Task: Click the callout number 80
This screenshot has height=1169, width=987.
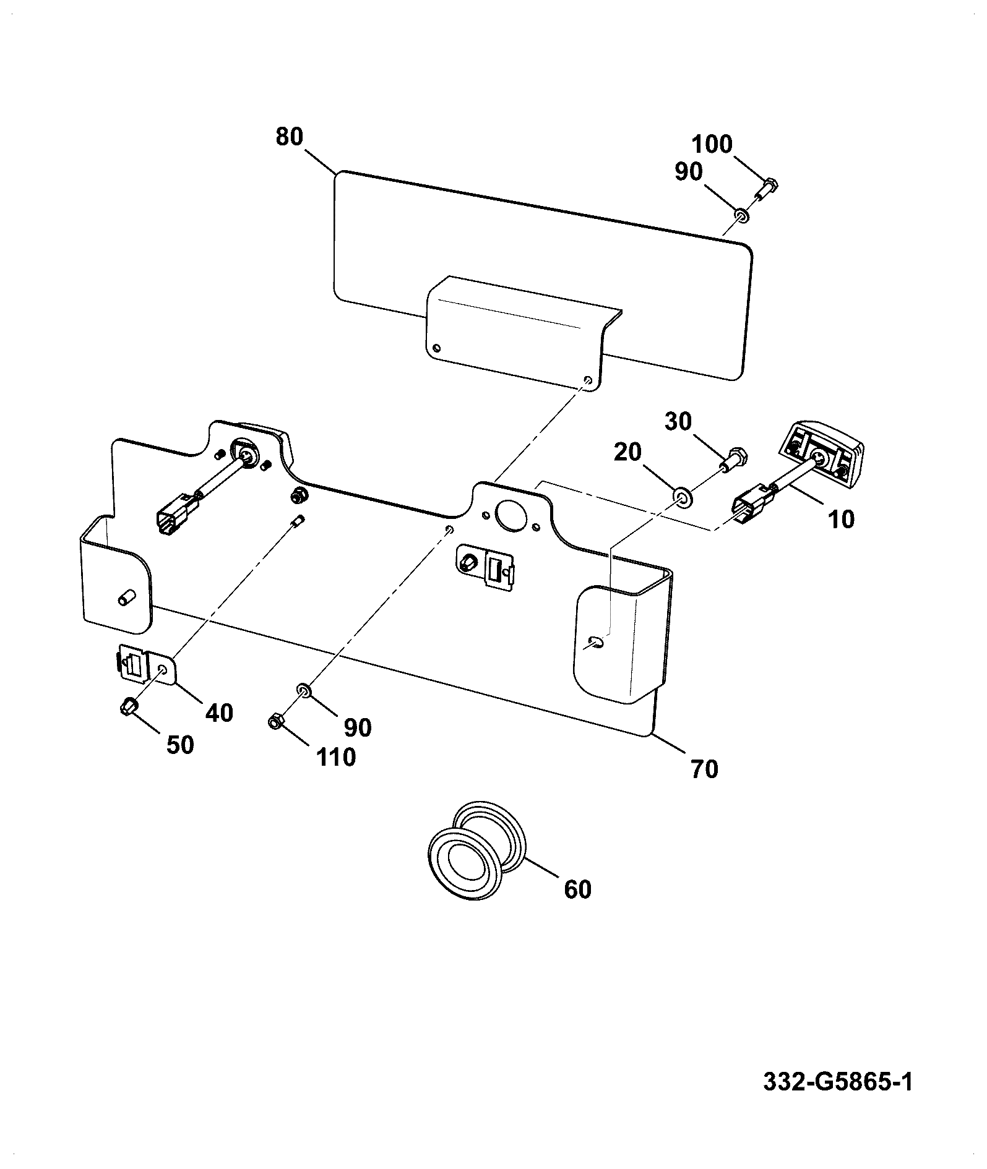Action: pos(290,137)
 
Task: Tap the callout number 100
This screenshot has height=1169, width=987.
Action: pos(712,145)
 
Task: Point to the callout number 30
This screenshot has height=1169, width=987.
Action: pos(679,422)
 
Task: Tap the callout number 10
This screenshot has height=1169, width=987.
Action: pos(840,520)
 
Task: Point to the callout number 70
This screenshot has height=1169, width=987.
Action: pos(704,769)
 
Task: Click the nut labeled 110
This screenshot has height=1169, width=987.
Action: pos(276,721)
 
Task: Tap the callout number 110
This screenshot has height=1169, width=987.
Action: pos(336,756)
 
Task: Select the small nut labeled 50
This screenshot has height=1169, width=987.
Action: pos(128,706)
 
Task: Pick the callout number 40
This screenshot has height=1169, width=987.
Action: pos(220,713)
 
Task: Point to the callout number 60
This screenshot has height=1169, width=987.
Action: pos(577,889)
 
